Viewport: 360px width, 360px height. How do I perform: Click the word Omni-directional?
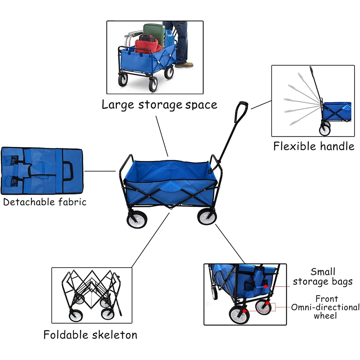pos(325,307)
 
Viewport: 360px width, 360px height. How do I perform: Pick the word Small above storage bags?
pos(323,272)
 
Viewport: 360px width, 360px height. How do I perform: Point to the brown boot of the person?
pos(184,65)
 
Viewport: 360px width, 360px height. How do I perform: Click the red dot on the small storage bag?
pos(265,287)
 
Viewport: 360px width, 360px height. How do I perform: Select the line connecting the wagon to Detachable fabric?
pos(100,171)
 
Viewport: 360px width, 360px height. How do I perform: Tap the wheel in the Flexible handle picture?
pos(324,130)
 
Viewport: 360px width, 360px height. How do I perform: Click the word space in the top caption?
pos(201,105)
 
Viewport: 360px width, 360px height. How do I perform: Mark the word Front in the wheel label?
pos(327,299)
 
